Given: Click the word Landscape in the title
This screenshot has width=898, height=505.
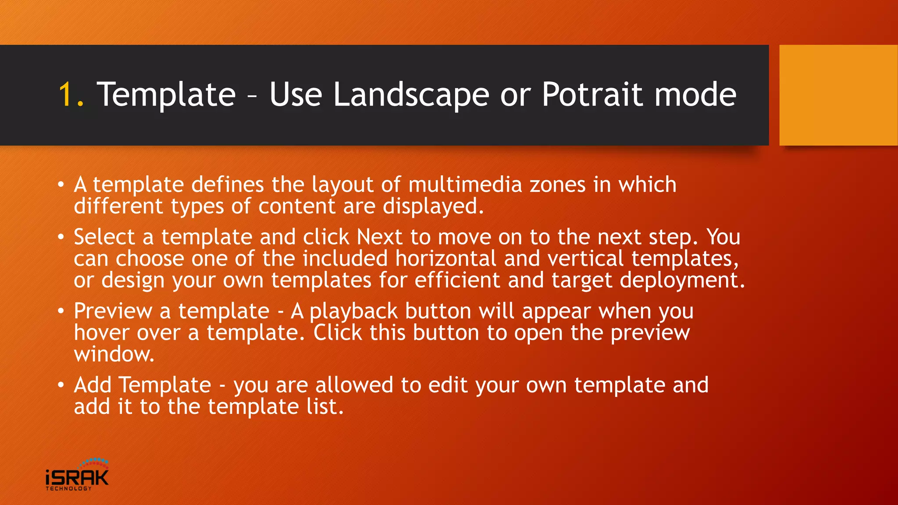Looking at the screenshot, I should click(411, 95).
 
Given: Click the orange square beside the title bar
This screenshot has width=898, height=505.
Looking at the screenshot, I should click(838, 95).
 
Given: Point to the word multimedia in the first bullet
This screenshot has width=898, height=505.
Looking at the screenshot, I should click(465, 185).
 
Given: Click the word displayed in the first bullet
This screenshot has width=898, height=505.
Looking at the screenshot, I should click(432, 206).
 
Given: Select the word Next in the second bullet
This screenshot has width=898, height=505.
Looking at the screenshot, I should click(379, 237).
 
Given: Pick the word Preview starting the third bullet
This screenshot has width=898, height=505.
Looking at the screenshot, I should click(113, 311).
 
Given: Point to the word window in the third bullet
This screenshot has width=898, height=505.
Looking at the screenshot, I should click(114, 354).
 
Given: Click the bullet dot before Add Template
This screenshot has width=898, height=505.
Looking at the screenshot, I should click(61, 385).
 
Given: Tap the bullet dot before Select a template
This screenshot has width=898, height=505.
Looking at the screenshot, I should click(61, 237).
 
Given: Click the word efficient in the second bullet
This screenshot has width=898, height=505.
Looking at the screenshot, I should click(457, 280).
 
